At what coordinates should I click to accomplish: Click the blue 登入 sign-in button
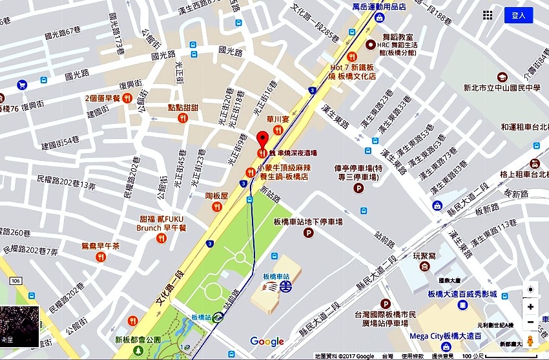[x=519, y=15]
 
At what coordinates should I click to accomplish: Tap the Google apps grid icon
[x=488, y=15]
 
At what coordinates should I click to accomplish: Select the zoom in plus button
[x=530, y=306]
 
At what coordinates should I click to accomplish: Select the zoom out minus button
[x=530, y=322]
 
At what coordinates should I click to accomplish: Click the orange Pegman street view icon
[x=530, y=341]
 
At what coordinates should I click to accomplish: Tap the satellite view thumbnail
[x=19, y=326]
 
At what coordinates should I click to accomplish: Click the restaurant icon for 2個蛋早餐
[x=127, y=98]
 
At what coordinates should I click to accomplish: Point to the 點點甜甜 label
[x=183, y=107]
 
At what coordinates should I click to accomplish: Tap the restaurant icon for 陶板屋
[x=217, y=206]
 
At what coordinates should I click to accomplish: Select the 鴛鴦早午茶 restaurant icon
[x=100, y=257]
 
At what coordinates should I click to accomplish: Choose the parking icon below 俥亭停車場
[x=358, y=188]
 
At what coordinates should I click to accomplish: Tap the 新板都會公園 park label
[x=136, y=339]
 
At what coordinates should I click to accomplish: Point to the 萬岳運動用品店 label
[x=378, y=6]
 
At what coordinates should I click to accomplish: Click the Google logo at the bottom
[x=267, y=341]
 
